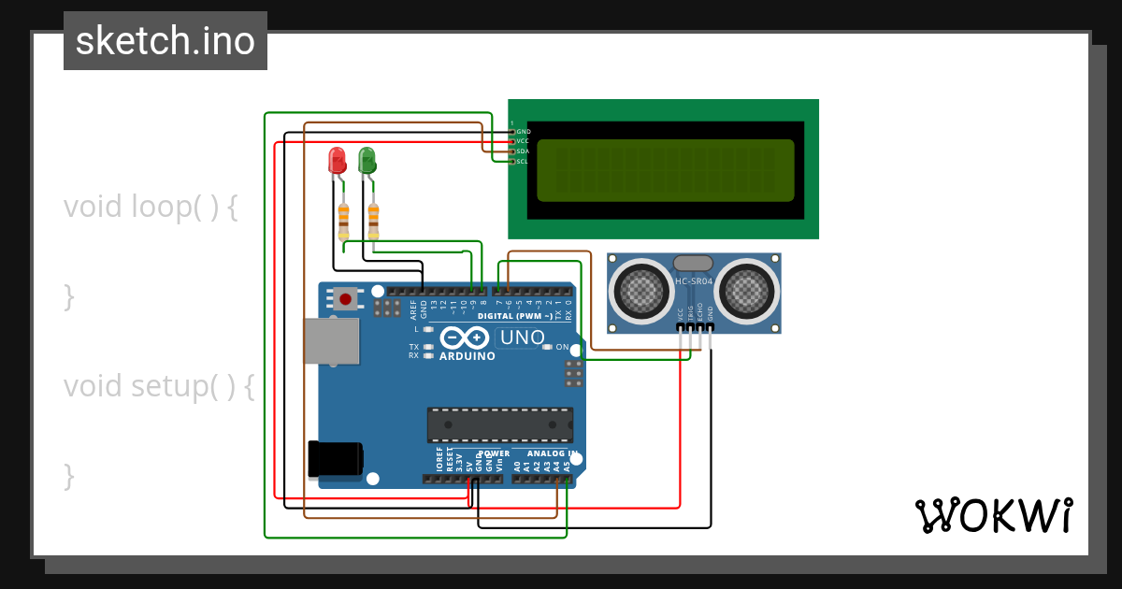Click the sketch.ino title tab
tap(165, 41)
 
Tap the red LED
tap(337, 160)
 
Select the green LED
tap(367, 160)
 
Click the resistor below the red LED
tap(343, 221)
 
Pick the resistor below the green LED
tap(373, 221)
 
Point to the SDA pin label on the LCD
tap(523, 151)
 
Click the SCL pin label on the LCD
tap(523, 161)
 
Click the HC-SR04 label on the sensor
tap(694, 281)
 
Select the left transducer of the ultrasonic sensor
tap(641, 292)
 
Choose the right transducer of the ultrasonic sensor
tap(747, 292)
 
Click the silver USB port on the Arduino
tap(331, 340)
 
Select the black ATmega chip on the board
tap(499, 424)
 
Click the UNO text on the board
tap(523, 338)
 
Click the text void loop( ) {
tap(151, 207)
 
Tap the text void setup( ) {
tap(158, 386)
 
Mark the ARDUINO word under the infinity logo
tap(467, 356)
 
